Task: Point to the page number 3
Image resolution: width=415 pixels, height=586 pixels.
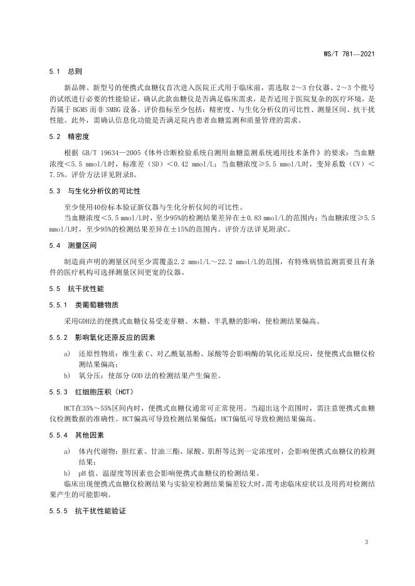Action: (365, 542)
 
